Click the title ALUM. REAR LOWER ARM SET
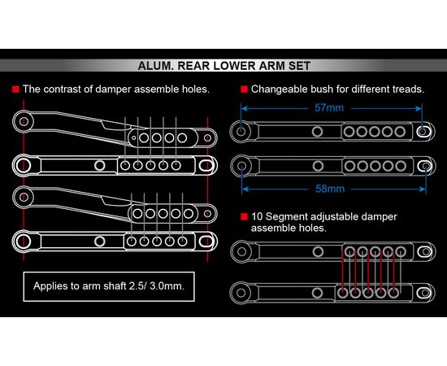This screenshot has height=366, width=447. point(224,66)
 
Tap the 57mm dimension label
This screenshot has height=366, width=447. point(329,108)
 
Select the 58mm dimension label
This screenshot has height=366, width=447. point(330,189)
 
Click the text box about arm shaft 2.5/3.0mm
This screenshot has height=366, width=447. point(109,286)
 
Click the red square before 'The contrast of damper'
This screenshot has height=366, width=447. point(15,89)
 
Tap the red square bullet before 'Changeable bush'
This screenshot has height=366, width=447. point(244,89)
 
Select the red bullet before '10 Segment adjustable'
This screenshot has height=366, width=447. point(244,217)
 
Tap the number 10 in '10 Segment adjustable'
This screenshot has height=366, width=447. point(257,217)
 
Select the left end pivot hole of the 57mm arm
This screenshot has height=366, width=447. point(241,132)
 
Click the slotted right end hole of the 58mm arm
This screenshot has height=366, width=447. point(426,166)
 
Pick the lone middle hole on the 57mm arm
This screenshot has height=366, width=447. point(317,132)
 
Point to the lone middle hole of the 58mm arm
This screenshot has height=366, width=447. point(318,166)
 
